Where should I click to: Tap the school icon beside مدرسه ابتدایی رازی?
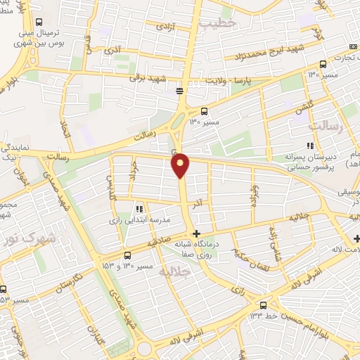(x=139, y=209)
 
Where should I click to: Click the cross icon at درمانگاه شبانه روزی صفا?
(x=196, y=233)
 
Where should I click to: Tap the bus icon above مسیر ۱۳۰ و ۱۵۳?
(x=127, y=255)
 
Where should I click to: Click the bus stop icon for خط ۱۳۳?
(x=263, y=305)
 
